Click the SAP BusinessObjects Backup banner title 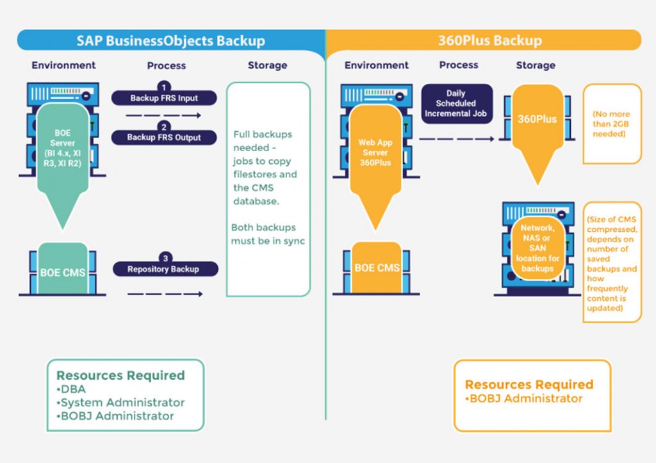[170, 41]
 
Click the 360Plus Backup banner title [490, 41]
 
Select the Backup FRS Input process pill [165, 98]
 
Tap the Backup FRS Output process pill [164, 137]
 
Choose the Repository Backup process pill [165, 269]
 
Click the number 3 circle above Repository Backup [165, 258]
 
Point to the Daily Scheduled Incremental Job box [457, 103]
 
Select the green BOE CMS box [63, 272]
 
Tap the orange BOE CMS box [377, 268]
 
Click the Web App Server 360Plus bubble [375, 152]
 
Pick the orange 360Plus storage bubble [537, 120]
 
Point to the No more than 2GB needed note [612, 124]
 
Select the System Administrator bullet [120, 402]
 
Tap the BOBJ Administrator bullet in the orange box [523, 398]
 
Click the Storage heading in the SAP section [267, 65]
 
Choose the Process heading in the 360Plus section [459, 65]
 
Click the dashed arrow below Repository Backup [165, 294]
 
